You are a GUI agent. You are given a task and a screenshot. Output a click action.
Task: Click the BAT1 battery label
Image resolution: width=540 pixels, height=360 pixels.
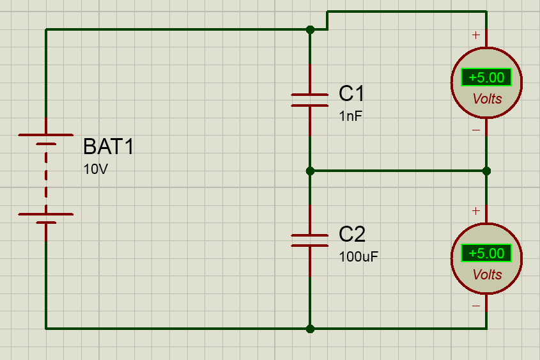[109, 146]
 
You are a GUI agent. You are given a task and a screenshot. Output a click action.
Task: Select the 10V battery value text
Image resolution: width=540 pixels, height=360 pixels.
[96, 169]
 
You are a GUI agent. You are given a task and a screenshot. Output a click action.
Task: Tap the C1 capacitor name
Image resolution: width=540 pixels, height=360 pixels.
[351, 93]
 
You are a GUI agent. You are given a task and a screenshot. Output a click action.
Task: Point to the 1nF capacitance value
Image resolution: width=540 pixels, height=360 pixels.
[351, 116]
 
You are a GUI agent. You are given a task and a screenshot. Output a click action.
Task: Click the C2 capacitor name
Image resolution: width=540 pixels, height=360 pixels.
[352, 234]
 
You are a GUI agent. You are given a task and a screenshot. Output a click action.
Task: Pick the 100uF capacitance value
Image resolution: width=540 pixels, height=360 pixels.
[359, 256]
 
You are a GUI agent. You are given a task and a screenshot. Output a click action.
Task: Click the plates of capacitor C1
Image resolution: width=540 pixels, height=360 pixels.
[309, 100]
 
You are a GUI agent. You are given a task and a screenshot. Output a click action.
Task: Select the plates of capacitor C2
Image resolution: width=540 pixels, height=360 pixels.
[309, 240]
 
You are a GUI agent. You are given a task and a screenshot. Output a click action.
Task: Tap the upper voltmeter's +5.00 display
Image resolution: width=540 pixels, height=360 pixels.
[486, 77]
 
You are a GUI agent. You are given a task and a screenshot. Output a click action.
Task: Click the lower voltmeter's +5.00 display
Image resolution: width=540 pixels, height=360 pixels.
[486, 254]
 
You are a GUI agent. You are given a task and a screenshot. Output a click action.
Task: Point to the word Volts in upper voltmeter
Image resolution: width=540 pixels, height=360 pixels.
[488, 99]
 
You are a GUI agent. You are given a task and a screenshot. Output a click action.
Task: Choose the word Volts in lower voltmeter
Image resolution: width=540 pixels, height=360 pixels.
[488, 275]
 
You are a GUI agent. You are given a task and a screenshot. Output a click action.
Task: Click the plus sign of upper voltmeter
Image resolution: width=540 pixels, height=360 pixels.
[476, 35]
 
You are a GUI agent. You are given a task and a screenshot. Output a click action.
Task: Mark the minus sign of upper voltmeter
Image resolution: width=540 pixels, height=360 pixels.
[476, 130]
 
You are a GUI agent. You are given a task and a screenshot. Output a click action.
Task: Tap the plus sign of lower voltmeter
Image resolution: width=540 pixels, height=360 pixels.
[476, 211]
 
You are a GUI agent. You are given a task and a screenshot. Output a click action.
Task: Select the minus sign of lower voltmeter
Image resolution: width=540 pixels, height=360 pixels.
[476, 306]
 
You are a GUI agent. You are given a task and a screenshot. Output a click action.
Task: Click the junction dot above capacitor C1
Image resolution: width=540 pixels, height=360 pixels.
[310, 29]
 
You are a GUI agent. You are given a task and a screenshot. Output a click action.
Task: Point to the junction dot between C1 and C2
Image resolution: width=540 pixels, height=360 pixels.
[310, 171]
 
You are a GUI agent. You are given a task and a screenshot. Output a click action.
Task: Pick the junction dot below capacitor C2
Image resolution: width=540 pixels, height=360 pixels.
[310, 329]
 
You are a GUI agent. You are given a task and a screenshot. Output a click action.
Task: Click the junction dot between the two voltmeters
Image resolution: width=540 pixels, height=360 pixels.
[486, 171]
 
